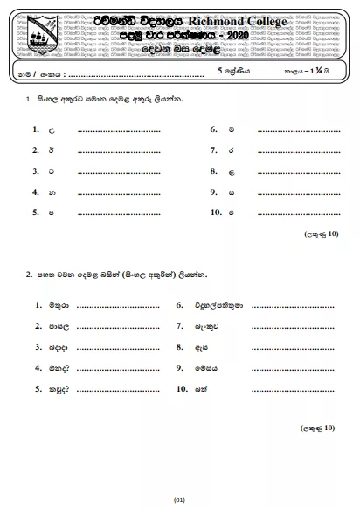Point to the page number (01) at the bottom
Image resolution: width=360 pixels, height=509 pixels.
[180, 499]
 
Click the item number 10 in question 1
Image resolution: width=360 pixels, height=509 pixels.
[216, 212]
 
